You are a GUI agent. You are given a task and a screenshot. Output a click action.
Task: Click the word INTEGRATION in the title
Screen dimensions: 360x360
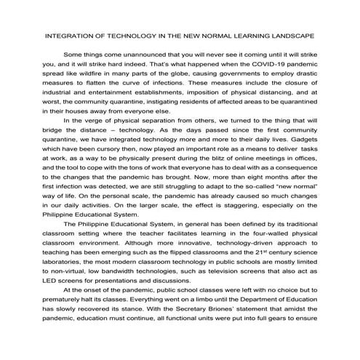71,34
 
